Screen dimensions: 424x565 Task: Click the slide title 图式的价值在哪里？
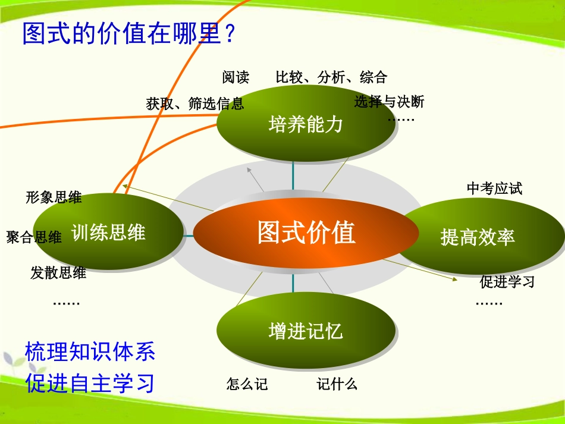click(130, 34)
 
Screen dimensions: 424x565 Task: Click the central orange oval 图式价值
click(306, 233)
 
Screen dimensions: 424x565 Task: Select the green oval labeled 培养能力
click(306, 124)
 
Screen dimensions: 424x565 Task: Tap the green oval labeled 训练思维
click(108, 233)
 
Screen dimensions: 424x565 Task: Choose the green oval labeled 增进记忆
click(306, 331)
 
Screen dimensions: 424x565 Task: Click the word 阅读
click(236, 77)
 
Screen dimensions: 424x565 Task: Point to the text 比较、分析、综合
click(331, 77)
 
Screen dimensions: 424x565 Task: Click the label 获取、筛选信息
click(195, 104)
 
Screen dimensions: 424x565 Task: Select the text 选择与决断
click(390, 102)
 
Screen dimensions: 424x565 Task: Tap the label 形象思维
click(54, 198)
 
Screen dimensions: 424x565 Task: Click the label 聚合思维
click(34, 238)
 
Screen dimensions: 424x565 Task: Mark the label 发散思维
click(58, 273)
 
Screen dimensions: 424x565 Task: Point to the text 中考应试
click(494, 189)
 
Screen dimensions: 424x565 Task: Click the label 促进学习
click(507, 282)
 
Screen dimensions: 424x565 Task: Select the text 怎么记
click(247, 385)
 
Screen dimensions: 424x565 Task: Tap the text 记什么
click(337, 385)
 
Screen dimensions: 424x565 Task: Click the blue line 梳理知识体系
click(90, 352)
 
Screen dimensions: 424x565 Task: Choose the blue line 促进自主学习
click(90, 383)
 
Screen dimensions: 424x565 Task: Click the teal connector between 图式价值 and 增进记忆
click(293, 284)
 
